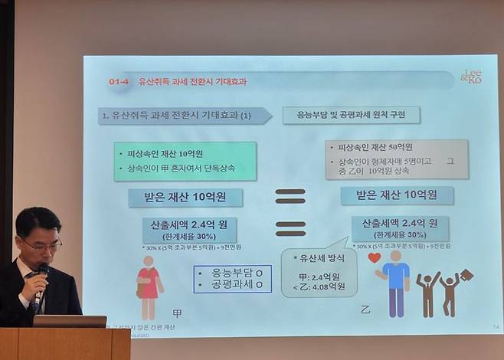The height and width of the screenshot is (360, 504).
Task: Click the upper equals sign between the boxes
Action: [x=290, y=195]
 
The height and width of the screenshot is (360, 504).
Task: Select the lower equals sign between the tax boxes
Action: [x=290, y=228]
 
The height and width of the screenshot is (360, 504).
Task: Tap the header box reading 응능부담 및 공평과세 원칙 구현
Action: [x=351, y=116]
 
